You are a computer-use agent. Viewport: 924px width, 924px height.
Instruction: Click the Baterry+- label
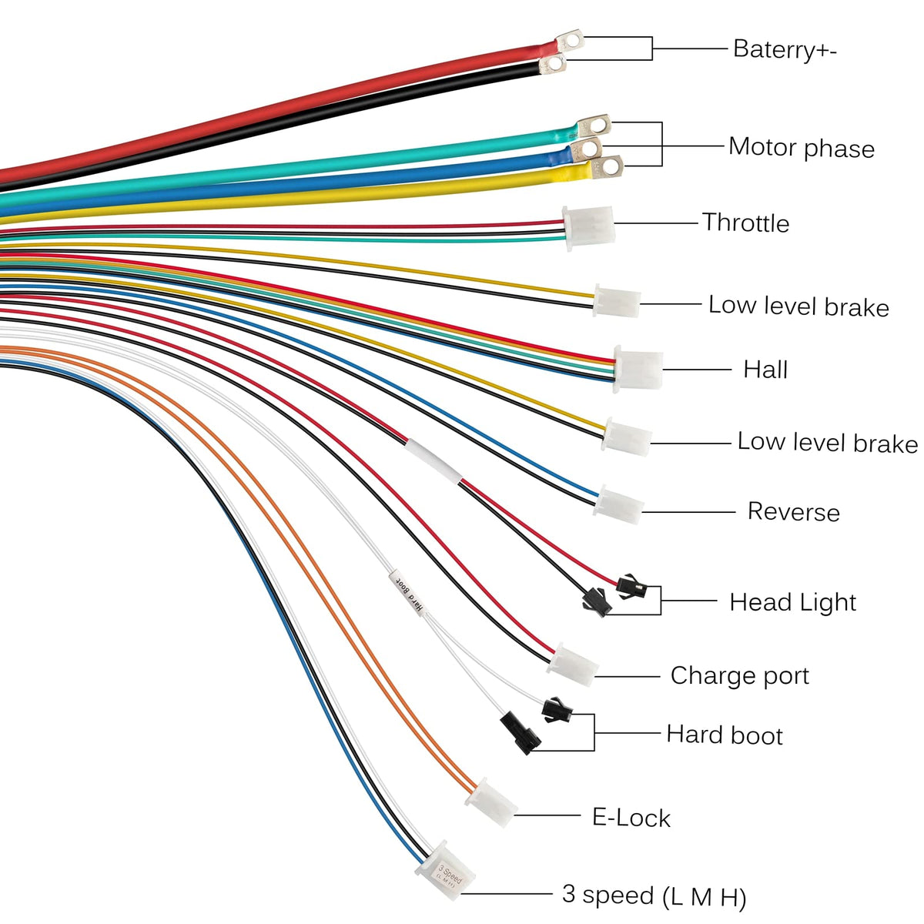tap(784, 49)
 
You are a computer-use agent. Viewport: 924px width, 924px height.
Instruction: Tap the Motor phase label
tap(801, 147)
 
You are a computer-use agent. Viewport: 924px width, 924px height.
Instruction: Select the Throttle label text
tap(745, 223)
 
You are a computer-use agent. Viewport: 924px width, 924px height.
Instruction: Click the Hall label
tap(765, 370)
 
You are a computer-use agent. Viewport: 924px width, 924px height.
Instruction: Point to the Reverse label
tap(793, 512)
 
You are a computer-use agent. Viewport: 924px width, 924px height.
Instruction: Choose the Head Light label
tap(792, 602)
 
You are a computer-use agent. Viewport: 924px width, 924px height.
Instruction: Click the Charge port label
tap(739, 676)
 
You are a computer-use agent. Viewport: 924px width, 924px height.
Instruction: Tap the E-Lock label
tap(631, 817)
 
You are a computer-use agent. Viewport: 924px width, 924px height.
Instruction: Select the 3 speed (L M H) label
tap(654, 896)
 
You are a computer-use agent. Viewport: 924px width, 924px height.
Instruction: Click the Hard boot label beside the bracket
tap(724, 735)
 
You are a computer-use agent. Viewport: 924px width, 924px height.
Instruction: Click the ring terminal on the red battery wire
tap(569, 39)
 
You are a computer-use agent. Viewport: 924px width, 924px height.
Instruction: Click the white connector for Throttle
tap(589, 226)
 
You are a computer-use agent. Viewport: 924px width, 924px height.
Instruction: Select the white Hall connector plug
tap(638, 370)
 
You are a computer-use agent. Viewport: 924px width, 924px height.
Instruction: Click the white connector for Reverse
tap(620, 505)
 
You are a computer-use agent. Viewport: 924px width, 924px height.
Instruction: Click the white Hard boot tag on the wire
tap(407, 591)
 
